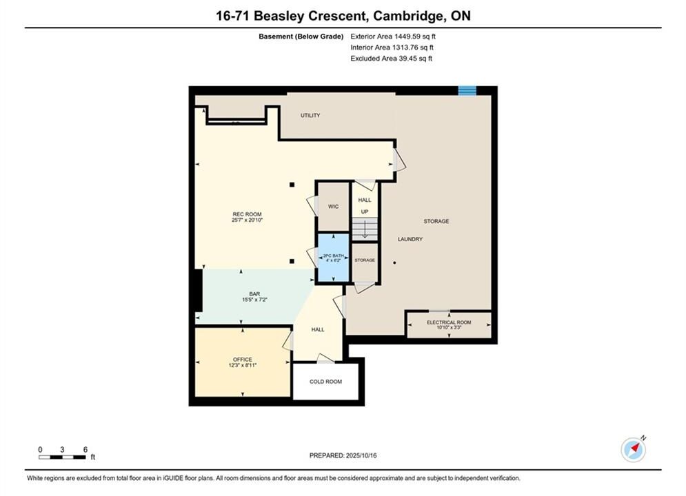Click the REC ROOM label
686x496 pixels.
click(248, 214)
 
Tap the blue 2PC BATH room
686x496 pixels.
click(334, 258)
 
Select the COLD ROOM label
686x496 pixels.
click(325, 382)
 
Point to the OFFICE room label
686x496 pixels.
click(243, 359)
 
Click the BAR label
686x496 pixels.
click(254, 294)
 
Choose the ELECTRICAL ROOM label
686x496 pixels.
click(449, 322)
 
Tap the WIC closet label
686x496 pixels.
click(334, 206)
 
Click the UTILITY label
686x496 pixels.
click(310, 115)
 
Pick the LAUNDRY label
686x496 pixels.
click(410, 239)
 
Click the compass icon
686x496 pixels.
click(633, 450)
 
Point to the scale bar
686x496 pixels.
click(62, 457)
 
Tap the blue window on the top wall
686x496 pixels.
click(467, 90)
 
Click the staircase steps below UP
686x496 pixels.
click(365, 229)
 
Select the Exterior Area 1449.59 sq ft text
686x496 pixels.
click(393, 37)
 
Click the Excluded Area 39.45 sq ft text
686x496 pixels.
click(391, 58)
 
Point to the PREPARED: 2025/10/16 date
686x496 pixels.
click(343, 455)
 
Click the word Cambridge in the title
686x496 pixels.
click(407, 16)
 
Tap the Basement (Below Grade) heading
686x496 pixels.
click(301, 37)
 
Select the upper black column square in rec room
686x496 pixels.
click(292, 185)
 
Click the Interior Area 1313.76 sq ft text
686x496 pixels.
click(392, 48)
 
